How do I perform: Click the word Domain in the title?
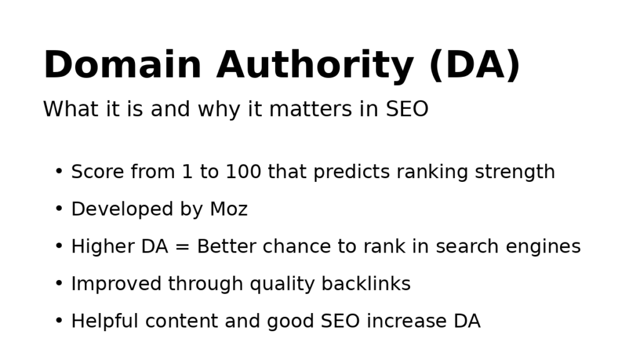click(122, 66)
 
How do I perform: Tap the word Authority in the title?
click(314, 66)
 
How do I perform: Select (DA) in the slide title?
click(474, 66)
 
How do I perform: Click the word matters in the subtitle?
click(323, 109)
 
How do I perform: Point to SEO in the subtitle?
click(407, 109)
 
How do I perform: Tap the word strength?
click(514, 172)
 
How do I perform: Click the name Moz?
click(229, 209)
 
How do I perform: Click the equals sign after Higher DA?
click(182, 247)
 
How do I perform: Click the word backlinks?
click(366, 284)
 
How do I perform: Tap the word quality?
click(282, 285)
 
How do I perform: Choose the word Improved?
click(116, 285)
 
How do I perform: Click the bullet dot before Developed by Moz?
click(59, 209)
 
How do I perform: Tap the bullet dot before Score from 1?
click(59, 172)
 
